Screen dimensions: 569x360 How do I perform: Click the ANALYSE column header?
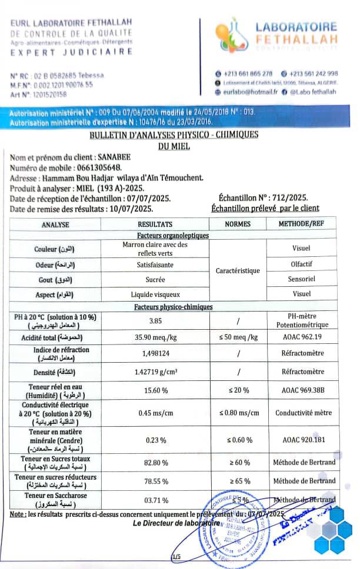point(55,225)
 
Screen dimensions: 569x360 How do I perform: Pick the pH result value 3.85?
point(155,321)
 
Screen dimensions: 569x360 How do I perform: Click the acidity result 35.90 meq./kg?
point(155,337)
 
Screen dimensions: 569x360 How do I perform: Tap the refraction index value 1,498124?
point(155,354)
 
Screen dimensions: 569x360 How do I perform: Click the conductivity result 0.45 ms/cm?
point(155,413)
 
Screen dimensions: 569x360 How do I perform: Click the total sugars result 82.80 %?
point(155,463)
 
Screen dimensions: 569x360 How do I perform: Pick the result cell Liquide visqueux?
point(155,294)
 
